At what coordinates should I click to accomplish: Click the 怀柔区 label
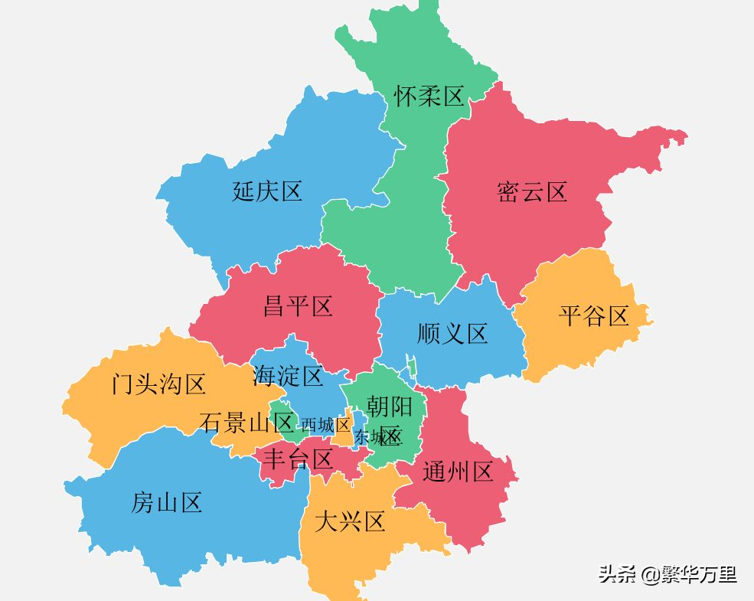pos(429,96)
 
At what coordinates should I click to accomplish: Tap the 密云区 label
pos(532,191)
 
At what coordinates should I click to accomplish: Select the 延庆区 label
pos(267,191)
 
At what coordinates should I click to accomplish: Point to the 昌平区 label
pos(298,307)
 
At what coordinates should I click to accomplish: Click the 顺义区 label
pos(452,334)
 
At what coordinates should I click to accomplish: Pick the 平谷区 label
pos(593,315)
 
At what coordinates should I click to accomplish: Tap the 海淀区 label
pos(288,376)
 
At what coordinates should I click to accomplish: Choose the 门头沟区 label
pos(158,384)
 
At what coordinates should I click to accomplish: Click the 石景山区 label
pos(247,422)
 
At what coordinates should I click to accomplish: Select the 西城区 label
pos(325,424)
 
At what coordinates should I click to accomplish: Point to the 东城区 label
pos(377,437)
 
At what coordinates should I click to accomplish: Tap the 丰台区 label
pos(298,459)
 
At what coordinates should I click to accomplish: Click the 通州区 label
pos(458,472)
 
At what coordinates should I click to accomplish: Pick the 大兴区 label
pos(350,523)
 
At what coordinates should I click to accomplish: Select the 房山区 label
pos(167,503)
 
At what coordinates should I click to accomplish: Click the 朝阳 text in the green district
pos(390,406)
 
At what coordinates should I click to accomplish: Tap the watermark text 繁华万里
pos(700,574)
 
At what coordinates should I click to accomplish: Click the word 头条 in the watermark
pos(617,574)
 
